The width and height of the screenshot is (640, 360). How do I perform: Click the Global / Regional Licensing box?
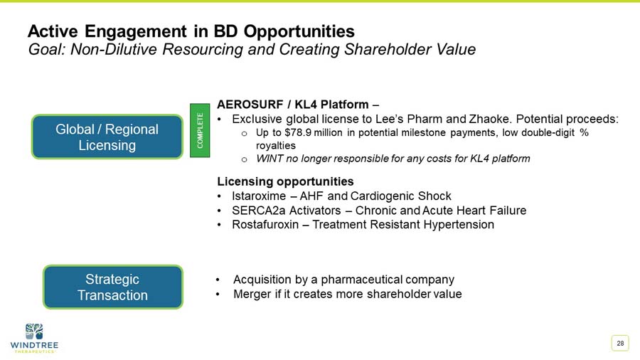point(107,137)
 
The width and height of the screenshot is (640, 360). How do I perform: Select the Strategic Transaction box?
point(112,287)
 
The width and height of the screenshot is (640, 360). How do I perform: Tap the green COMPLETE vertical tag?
point(200,127)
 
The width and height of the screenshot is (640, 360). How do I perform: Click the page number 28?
point(620,344)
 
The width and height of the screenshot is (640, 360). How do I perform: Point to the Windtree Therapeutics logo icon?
point(33,330)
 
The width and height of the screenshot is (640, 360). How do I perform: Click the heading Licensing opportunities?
point(285,181)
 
